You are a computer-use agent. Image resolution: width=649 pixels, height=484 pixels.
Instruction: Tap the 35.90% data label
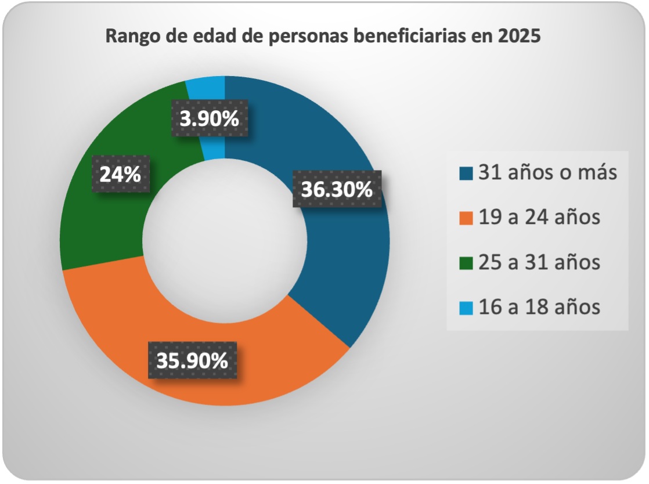(x=192, y=360)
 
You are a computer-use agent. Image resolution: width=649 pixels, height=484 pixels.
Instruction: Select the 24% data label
(x=120, y=174)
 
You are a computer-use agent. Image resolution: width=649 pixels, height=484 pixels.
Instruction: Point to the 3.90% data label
(x=210, y=119)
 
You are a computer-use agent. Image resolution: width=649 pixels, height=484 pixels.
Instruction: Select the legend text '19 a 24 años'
(x=539, y=218)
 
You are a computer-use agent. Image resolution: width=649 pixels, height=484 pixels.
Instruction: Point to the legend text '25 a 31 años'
(x=539, y=262)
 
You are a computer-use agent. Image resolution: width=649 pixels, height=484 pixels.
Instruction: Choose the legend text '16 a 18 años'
(x=539, y=307)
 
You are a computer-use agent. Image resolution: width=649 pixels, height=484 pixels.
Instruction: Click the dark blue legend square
(x=466, y=174)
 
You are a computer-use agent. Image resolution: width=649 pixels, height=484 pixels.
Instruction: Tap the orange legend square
(x=466, y=218)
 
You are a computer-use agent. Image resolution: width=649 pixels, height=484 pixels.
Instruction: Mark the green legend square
(x=466, y=263)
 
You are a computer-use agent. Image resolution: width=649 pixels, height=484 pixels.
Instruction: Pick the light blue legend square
(x=466, y=308)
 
